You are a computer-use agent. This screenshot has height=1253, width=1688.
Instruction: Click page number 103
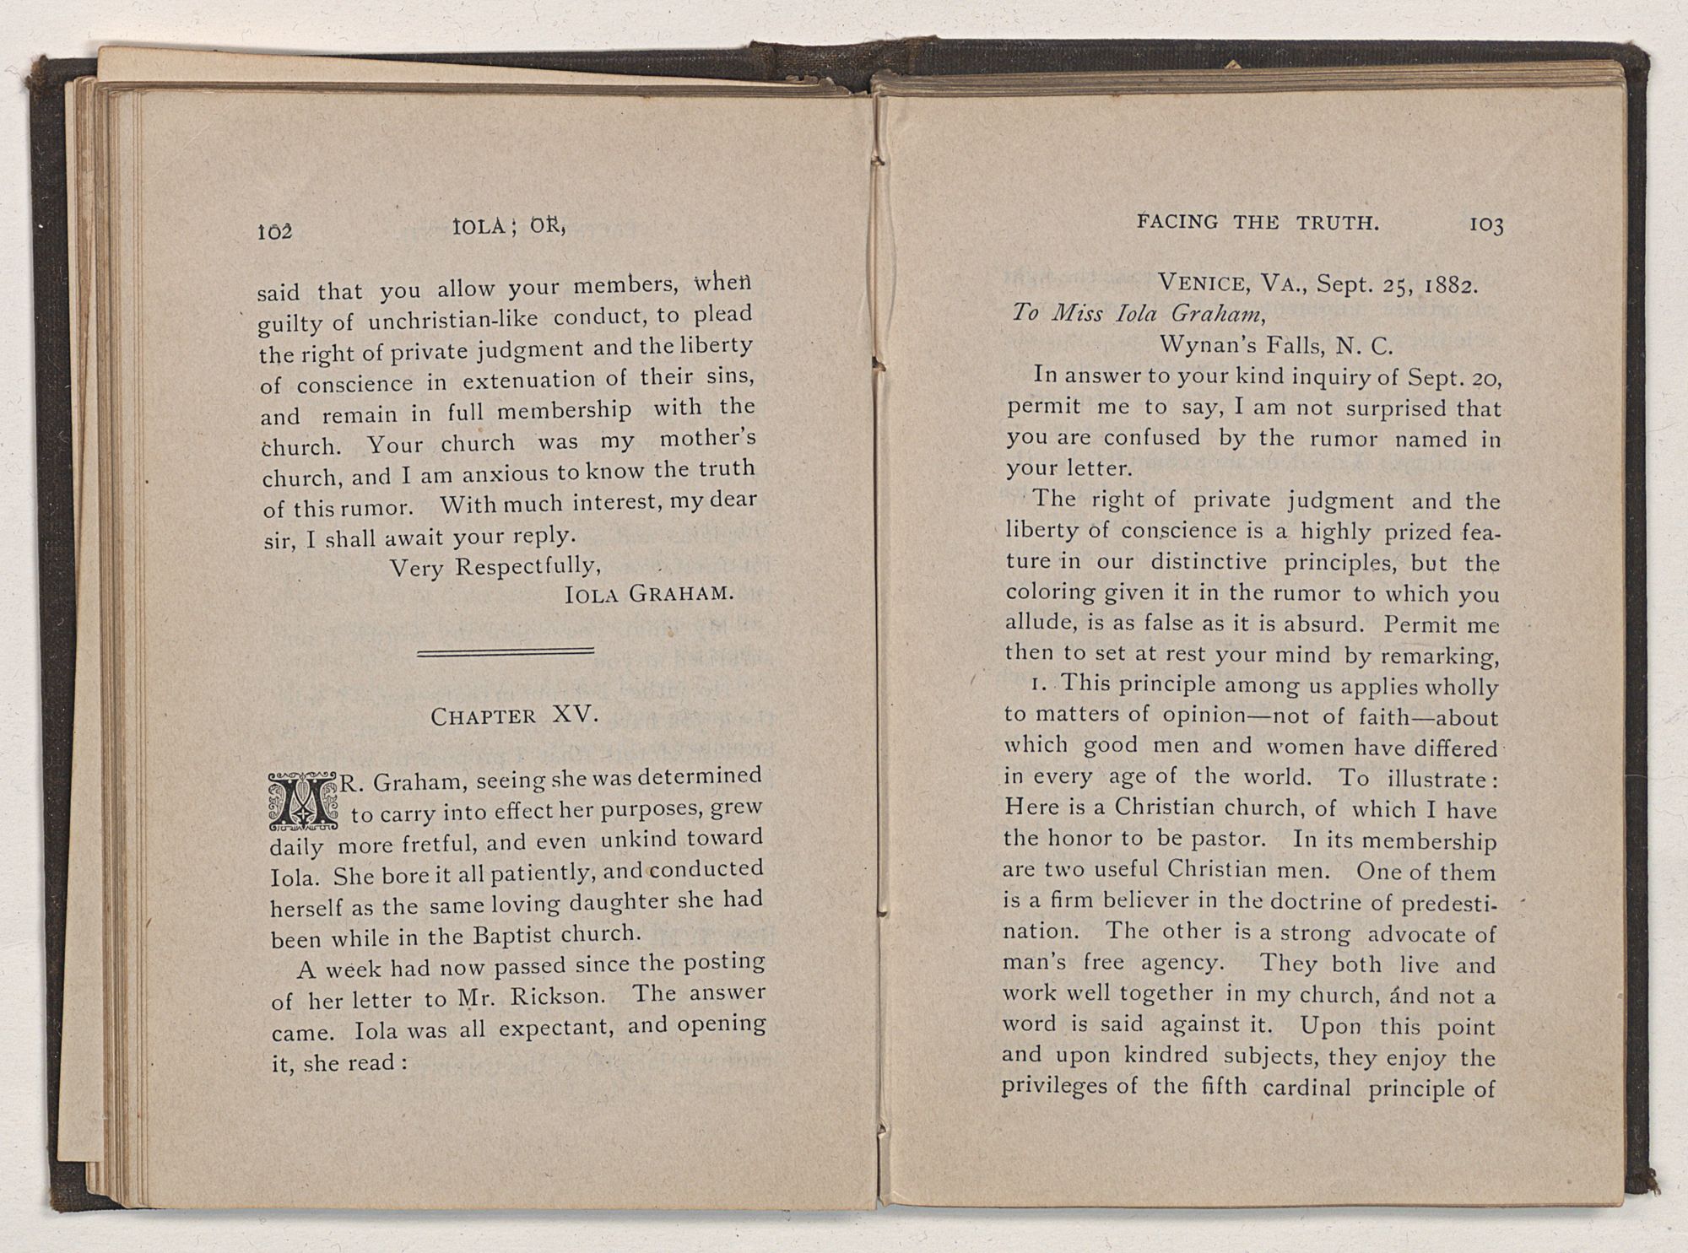point(1486,225)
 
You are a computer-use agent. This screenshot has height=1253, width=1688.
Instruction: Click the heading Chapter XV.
point(514,716)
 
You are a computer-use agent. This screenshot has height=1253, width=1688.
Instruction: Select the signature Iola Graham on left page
point(647,593)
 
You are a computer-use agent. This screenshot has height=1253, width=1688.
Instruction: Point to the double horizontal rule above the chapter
point(506,651)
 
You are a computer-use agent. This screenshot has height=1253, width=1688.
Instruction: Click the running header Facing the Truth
point(1258,223)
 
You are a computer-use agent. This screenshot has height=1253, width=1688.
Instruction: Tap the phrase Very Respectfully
point(495,564)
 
